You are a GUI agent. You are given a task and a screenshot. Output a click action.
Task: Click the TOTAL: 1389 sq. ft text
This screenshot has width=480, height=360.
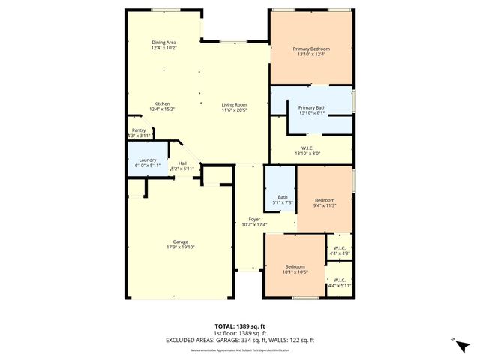240,326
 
